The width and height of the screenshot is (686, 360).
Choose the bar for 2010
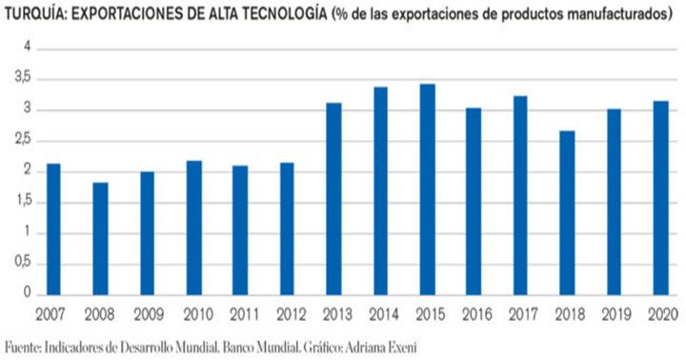193,228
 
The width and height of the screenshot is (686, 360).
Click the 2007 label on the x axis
53,313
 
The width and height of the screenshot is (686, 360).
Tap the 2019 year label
613,313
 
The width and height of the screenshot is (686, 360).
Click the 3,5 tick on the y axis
22,79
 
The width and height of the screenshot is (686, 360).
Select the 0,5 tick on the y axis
22,264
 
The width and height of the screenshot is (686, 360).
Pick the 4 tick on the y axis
27,48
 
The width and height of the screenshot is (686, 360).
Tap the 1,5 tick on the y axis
22,202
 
